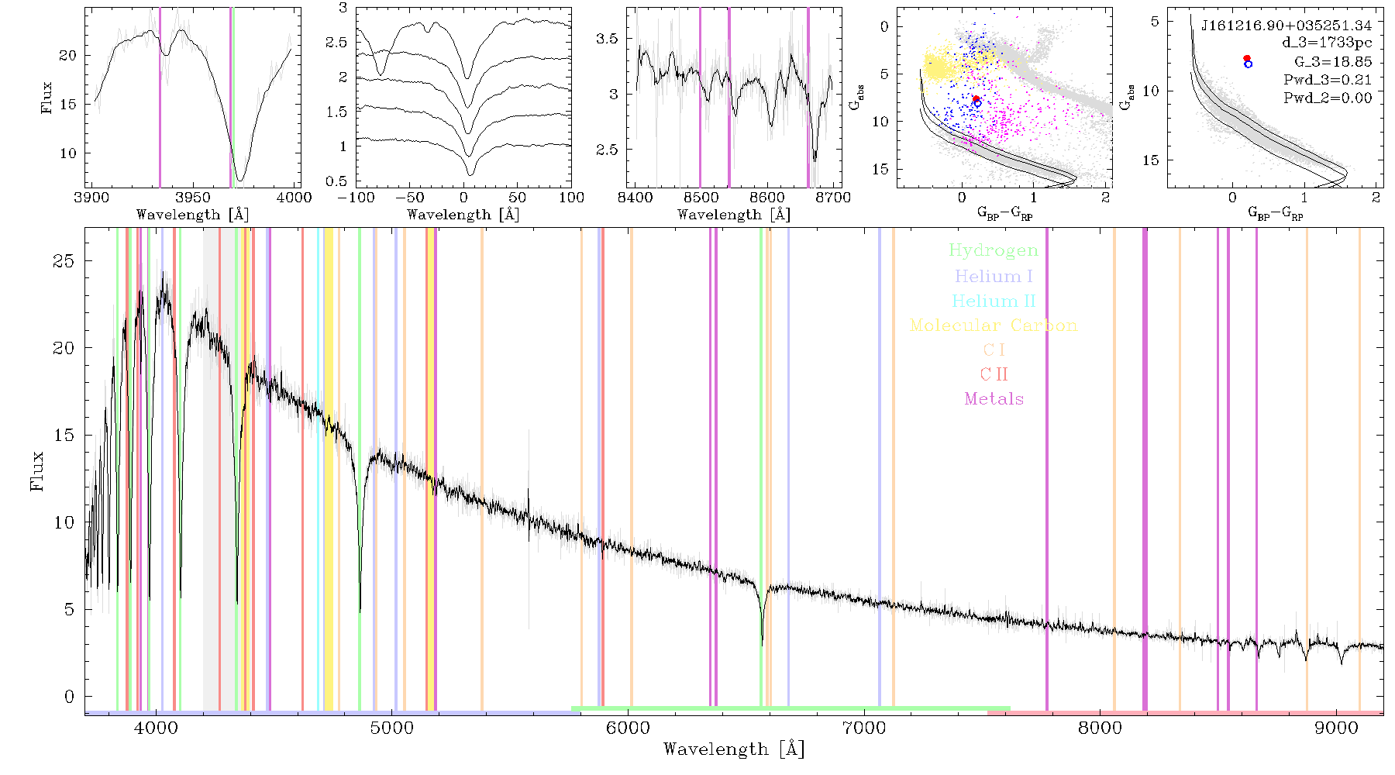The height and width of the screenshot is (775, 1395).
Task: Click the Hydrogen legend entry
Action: pyautogui.click(x=994, y=251)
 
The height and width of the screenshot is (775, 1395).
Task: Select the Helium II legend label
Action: pyautogui.click(x=994, y=301)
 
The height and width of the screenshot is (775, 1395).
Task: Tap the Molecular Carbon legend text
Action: pyautogui.click(x=994, y=325)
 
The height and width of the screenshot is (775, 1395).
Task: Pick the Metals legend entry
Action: pyautogui.click(x=994, y=399)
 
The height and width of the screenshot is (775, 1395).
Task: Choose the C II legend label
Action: pyautogui.click(x=994, y=374)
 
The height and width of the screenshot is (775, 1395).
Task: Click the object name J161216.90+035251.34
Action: pyautogui.click(x=1286, y=26)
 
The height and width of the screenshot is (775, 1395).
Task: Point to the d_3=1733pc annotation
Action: pyautogui.click(x=1327, y=43)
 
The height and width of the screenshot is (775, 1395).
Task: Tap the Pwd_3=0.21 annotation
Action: pyautogui.click(x=1328, y=80)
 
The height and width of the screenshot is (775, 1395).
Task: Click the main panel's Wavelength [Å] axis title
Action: pyautogui.click(x=734, y=749)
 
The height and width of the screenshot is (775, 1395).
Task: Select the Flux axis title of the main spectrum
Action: pyautogui.click(x=36, y=470)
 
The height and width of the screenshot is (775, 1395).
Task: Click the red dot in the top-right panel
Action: pyautogui.click(x=1246, y=58)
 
